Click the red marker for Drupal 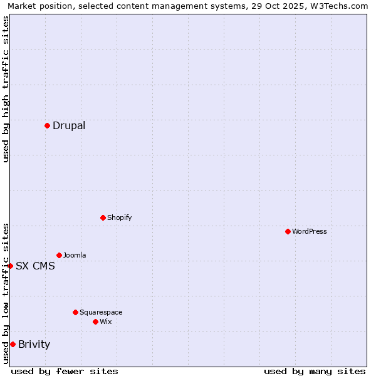[x=47, y=125]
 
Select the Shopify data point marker [x=103, y=217]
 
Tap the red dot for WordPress [x=288, y=231]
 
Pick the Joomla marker [x=59, y=255]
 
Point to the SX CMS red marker [x=10, y=266]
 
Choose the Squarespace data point [x=75, y=312]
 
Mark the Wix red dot [x=95, y=321]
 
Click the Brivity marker [x=13, y=344]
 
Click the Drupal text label [x=69, y=125]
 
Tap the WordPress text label [x=310, y=231]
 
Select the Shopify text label [x=119, y=217]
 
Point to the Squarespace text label [x=101, y=312]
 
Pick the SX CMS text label [x=35, y=266]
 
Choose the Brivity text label [x=34, y=344]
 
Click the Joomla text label [x=75, y=255]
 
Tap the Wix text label [x=105, y=321]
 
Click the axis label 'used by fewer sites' [x=65, y=371]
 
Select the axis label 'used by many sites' [x=315, y=371]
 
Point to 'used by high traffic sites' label [x=6, y=89]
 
